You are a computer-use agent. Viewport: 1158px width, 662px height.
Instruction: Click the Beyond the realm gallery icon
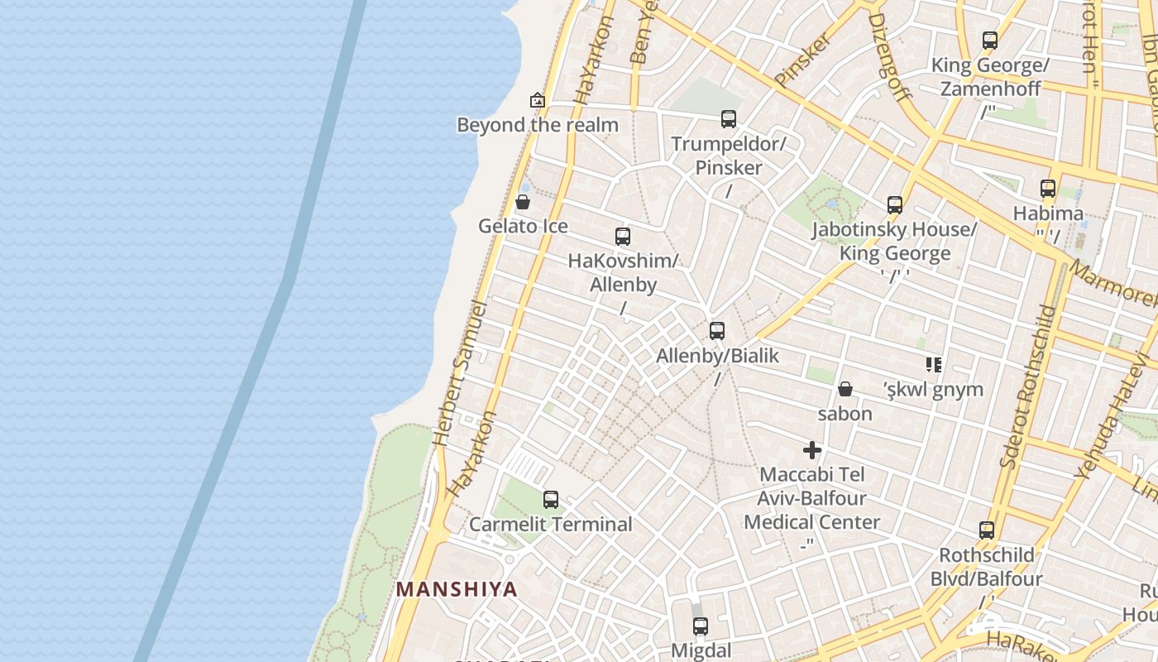[x=538, y=100]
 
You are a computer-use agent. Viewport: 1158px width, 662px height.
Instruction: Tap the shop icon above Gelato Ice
[x=523, y=202]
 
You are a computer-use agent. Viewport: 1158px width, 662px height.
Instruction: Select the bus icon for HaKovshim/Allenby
[x=623, y=237]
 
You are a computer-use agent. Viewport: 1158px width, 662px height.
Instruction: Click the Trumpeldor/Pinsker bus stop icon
[x=728, y=119]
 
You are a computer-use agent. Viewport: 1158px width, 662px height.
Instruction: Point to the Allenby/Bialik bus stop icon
[x=717, y=331]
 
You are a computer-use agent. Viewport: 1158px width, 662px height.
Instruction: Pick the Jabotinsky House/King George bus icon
[x=894, y=205]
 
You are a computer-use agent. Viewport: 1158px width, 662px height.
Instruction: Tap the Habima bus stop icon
[x=1048, y=189]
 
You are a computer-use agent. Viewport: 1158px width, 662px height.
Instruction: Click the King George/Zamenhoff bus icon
[x=989, y=40]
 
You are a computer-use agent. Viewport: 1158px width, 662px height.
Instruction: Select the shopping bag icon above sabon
[x=845, y=389]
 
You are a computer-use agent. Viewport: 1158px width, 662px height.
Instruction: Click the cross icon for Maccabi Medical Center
[x=812, y=450]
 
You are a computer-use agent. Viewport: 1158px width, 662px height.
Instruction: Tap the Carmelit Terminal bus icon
[x=551, y=500]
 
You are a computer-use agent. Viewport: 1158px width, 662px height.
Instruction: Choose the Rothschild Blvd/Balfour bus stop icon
[x=986, y=530]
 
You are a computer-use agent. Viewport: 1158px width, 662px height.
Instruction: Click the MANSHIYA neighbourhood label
[x=457, y=589]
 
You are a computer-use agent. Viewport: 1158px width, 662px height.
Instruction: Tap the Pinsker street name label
[x=802, y=60]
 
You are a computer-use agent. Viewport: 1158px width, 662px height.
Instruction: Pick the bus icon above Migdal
[x=701, y=626]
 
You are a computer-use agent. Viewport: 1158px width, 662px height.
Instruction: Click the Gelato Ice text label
[x=523, y=226]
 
